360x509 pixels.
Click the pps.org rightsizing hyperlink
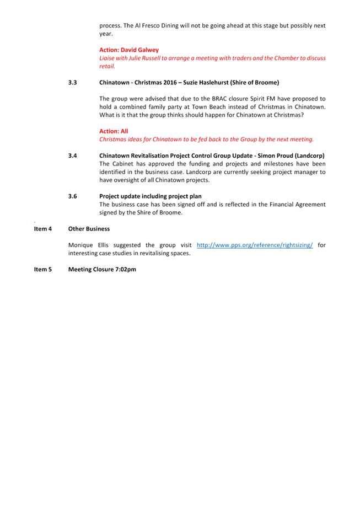(255, 245)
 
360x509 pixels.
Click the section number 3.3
(72, 82)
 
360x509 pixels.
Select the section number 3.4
(72, 156)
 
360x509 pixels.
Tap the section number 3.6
(72, 196)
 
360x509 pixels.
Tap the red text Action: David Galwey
(128, 50)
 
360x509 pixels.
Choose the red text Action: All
(114, 131)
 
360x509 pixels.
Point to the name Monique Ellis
(88, 245)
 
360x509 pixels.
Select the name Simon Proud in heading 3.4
(275, 156)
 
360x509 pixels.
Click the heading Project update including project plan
(151, 196)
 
